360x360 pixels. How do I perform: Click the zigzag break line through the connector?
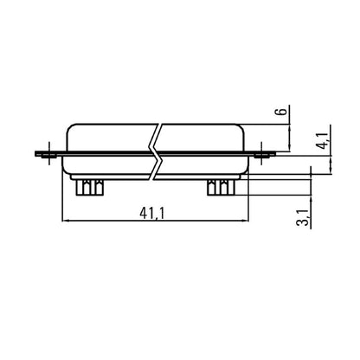click(156, 153)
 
